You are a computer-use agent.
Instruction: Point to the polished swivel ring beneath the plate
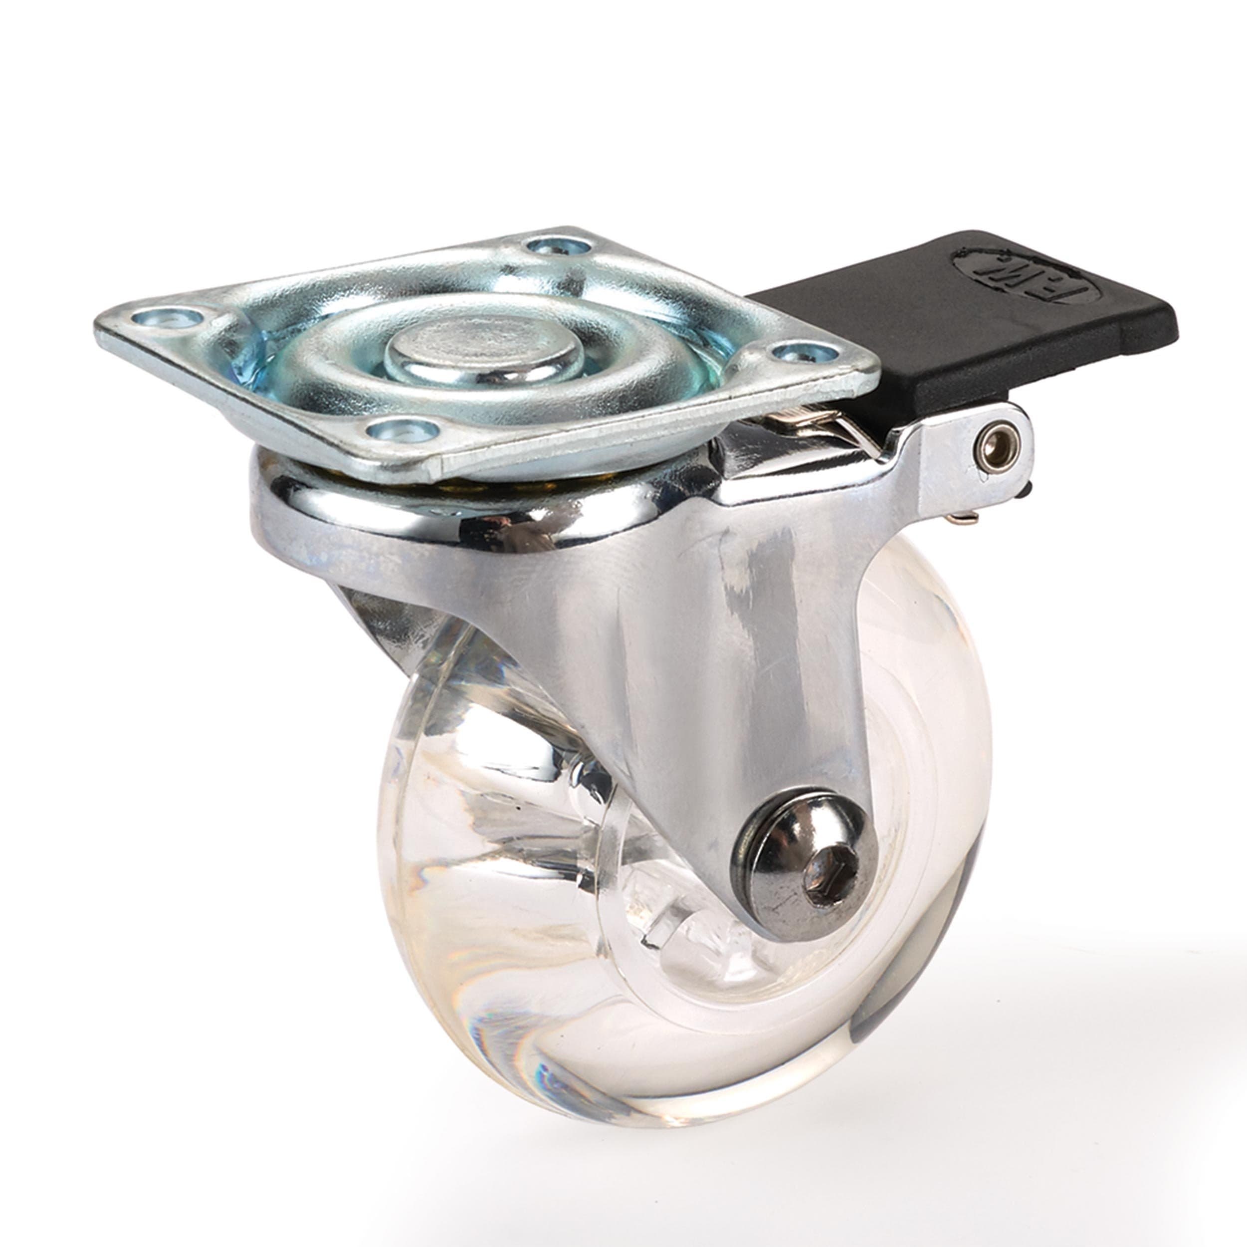[452, 510]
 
